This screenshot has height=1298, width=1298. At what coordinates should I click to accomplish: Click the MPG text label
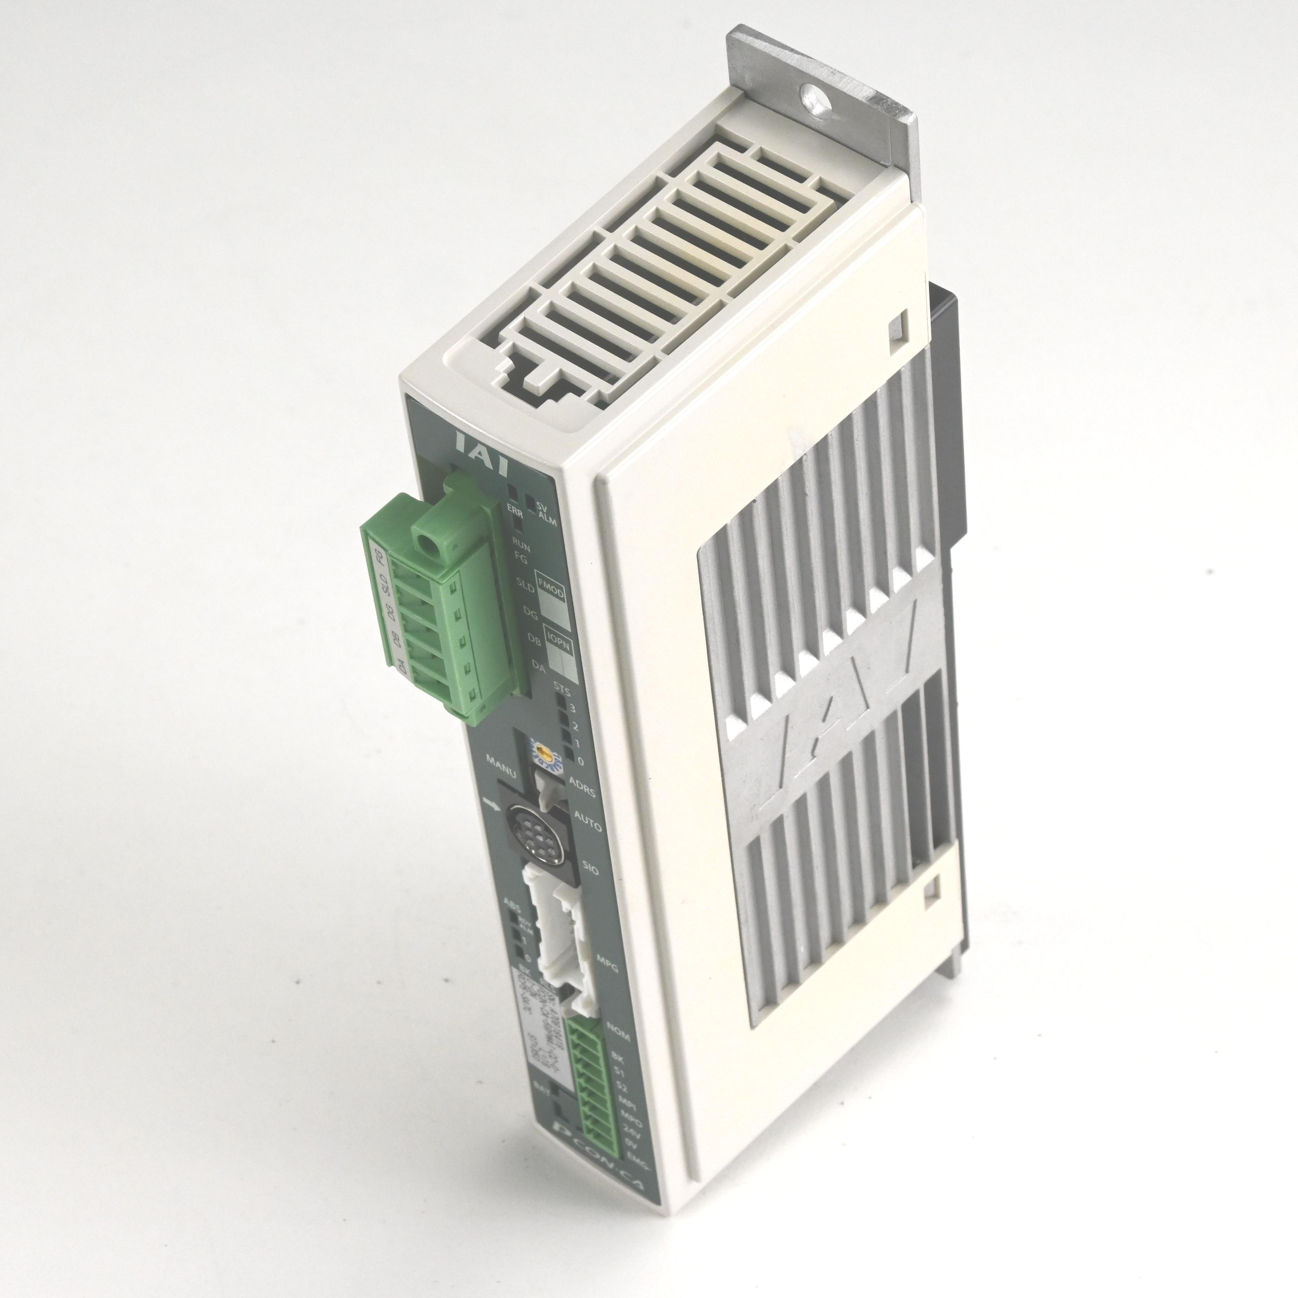[x=607, y=968]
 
